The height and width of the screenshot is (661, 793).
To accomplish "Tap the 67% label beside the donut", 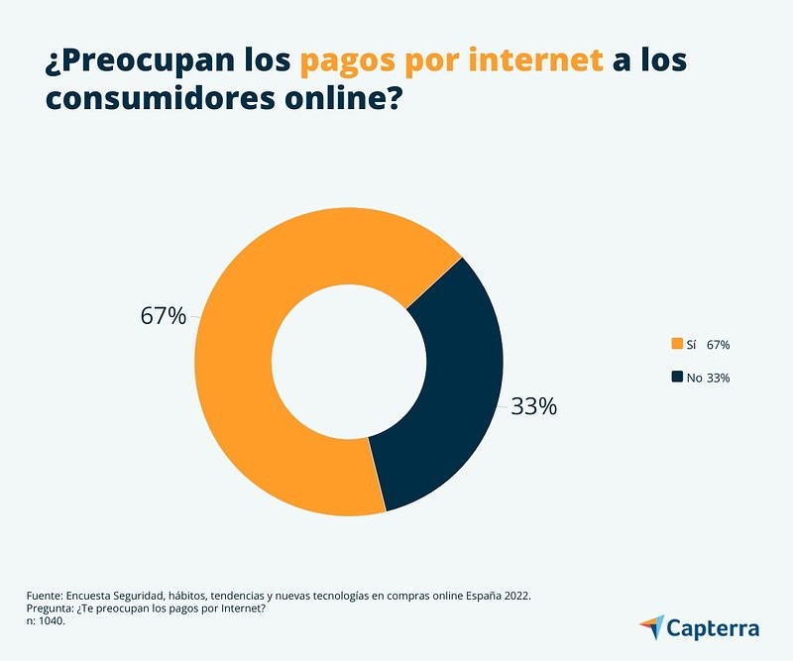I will click(x=163, y=316).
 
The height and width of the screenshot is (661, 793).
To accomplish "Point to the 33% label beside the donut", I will click(x=534, y=406).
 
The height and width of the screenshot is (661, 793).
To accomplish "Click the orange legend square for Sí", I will click(x=678, y=344).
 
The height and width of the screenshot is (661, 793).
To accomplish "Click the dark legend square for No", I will click(x=678, y=377).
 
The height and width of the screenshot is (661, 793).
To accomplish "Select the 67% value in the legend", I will click(x=719, y=345).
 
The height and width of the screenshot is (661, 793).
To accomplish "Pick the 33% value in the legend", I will click(x=719, y=378).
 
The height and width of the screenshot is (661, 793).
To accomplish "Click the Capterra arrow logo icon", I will click(x=652, y=627).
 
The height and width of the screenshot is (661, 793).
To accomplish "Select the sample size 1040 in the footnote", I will click(x=50, y=621).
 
